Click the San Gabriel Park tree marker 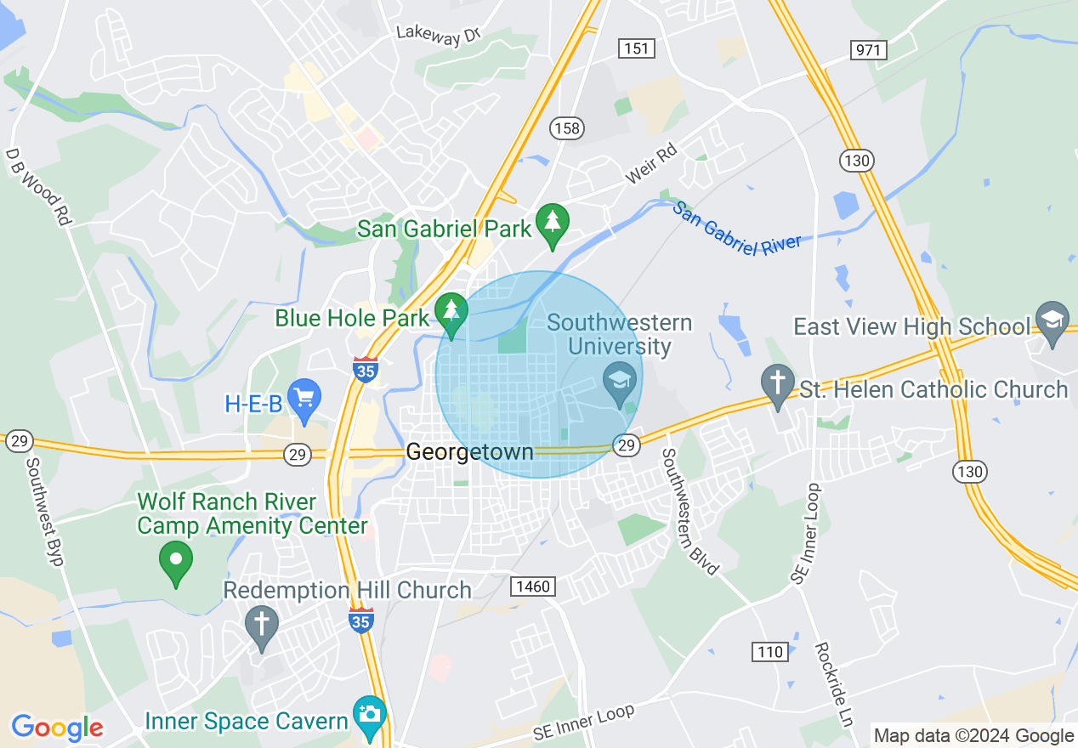point(553,224)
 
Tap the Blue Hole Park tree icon point(451,312)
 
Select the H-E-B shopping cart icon point(304,398)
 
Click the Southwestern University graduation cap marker point(620,380)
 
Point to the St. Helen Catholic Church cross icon point(778,384)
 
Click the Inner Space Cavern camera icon point(370,715)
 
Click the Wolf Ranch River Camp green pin point(176,561)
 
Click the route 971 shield point(867,50)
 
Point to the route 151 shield point(637,48)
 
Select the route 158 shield point(566,128)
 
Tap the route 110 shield point(769,652)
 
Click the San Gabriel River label point(736,227)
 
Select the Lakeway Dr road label point(439,35)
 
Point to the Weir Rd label point(650,163)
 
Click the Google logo point(57,728)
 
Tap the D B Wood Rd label point(37,187)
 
